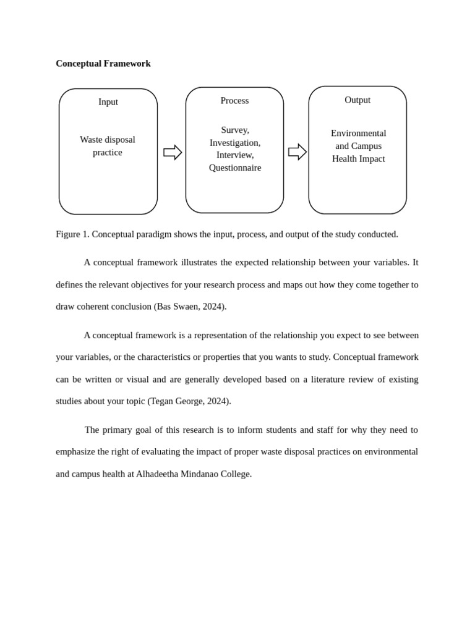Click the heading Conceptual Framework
[x=103, y=64]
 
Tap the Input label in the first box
[x=108, y=102]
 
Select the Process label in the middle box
[x=234, y=101]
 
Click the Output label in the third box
[x=357, y=100]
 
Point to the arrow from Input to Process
[x=173, y=152]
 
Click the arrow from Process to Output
[x=297, y=151]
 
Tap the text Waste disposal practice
[x=108, y=146]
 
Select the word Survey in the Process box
[x=234, y=130]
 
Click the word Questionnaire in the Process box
[x=235, y=168]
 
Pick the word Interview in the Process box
[x=234, y=155]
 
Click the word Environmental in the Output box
[x=358, y=134]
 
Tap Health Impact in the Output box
[x=358, y=159]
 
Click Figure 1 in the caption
[x=72, y=234]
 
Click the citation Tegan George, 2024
[x=189, y=401]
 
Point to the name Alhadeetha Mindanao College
[x=193, y=474]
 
